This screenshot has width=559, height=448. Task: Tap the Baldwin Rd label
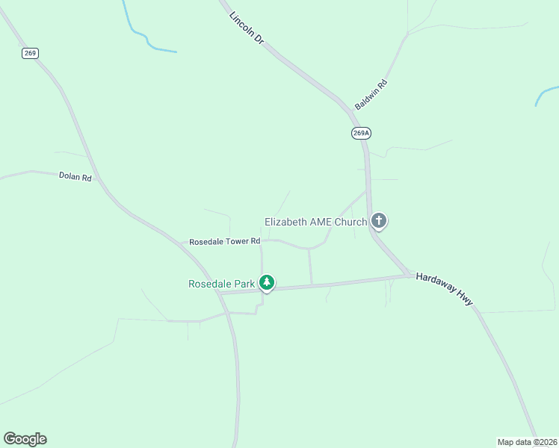(x=371, y=96)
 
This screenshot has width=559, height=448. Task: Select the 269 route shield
(x=30, y=53)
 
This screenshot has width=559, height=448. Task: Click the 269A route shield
(x=361, y=133)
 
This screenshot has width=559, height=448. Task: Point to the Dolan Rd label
(x=75, y=177)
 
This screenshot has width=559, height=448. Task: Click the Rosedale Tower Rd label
(x=224, y=242)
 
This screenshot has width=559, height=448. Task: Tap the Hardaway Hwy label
(x=445, y=287)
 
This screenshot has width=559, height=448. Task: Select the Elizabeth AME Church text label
(x=315, y=222)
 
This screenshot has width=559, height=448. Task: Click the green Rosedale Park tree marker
(x=267, y=283)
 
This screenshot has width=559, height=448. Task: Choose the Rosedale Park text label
(x=222, y=284)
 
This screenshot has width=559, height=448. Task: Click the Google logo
(x=25, y=439)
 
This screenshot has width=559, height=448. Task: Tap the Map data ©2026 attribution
(x=527, y=441)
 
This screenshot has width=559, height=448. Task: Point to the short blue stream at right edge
(x=546, y=95)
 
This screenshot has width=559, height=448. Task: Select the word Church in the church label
(x=350, y=222)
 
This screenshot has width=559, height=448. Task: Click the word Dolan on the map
(x=69, y=176)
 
